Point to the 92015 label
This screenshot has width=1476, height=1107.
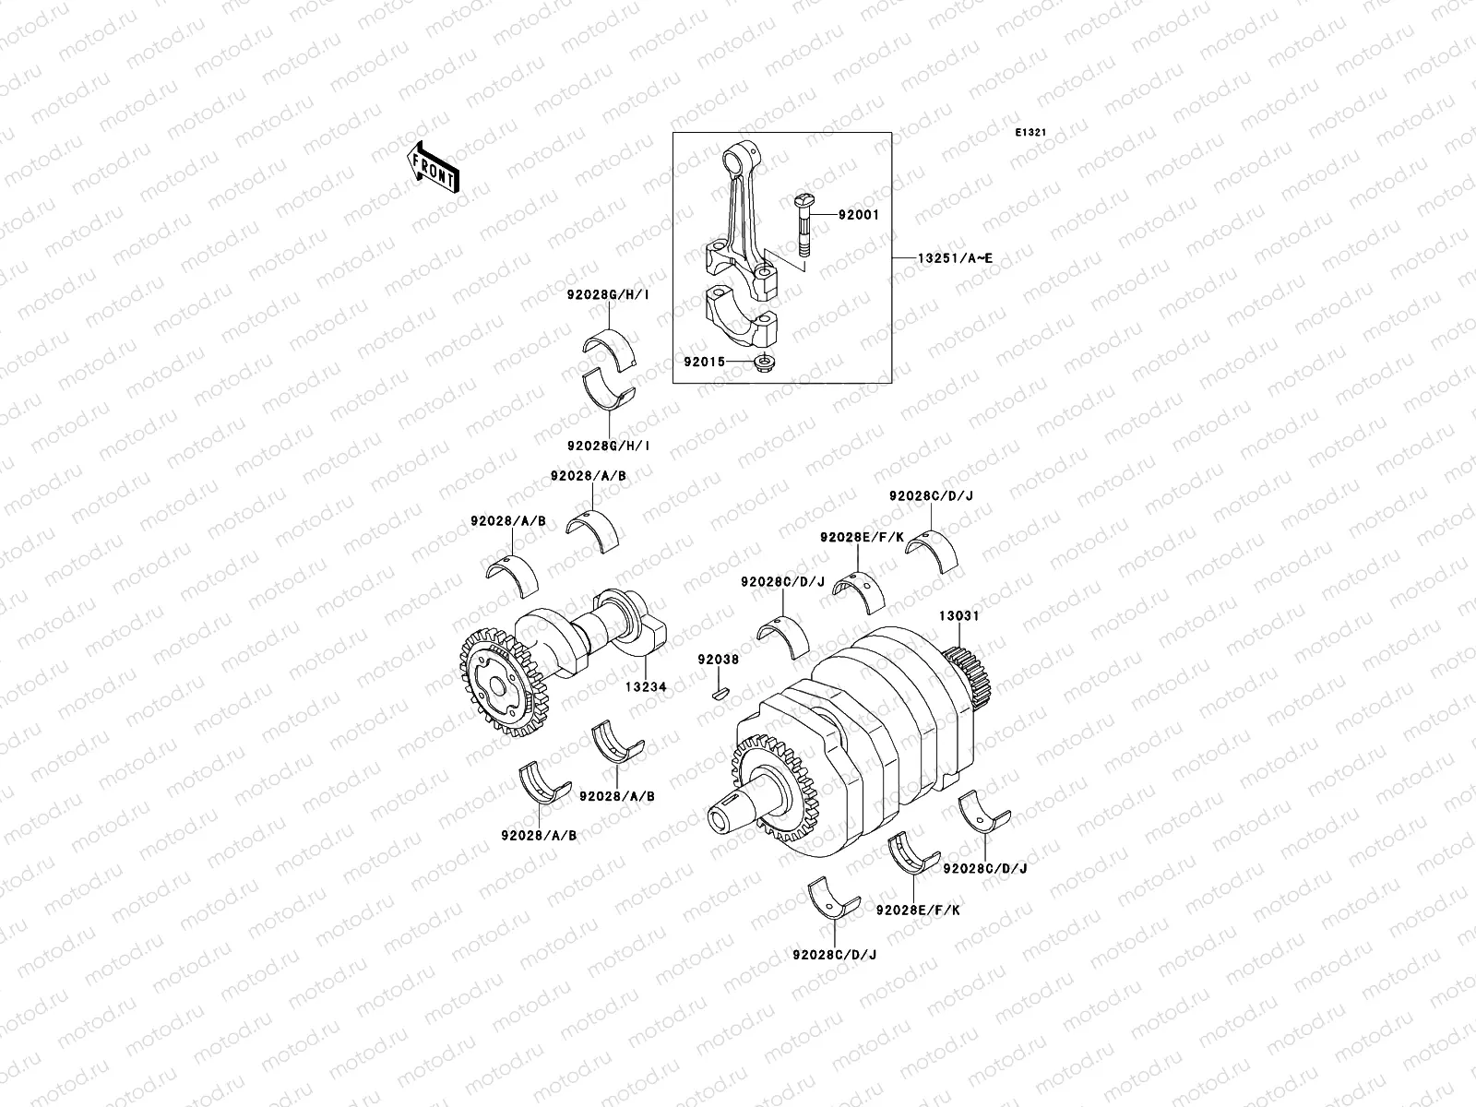pyautogui.click(x=705, y=361)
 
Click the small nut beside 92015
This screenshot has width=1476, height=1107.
pyautogui.click(x=766, y=361)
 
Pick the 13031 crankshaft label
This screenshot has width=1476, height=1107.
pyautogui.click(x=959, y=615)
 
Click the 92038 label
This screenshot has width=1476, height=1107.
pyautogui.click(x=718, y=661)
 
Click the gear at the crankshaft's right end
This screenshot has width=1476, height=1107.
pyautogui.click(x=969, y=680)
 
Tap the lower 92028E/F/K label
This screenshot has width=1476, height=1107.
pyautogui.click(x=918, y=910)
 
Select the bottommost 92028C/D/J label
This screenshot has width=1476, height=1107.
pyautogui.click(x=834, y=955)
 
